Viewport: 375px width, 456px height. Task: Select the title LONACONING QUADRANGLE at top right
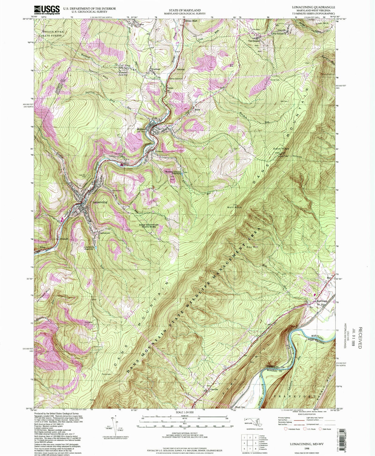coord(313,7)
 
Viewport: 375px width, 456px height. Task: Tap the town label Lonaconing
coord(100,202)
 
